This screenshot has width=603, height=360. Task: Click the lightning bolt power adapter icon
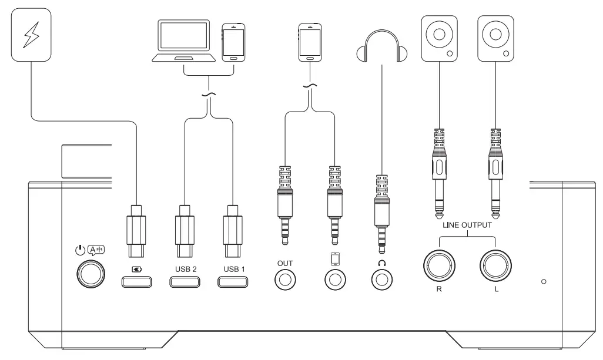(x=30, y=36)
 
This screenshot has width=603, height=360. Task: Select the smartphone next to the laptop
(x=233, y=42)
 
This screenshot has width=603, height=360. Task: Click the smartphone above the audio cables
(x=309, y=42)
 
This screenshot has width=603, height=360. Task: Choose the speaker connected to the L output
(x=495, y=39)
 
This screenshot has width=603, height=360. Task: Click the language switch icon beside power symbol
(x=96, y=249)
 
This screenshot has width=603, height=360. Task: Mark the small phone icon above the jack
(x=335, y=259)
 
